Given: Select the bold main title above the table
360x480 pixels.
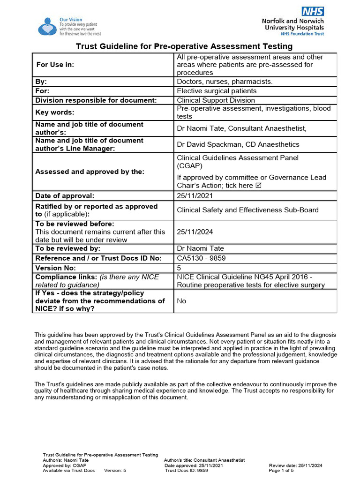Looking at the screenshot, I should tap(184, 46).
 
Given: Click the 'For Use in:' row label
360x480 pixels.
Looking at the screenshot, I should tap(55, 65).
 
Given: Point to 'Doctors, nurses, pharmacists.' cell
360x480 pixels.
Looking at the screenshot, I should tap(225, 82).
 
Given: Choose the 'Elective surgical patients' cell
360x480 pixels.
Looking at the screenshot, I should tap(216, 91).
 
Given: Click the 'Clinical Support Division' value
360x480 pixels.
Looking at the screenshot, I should tap(216, 100).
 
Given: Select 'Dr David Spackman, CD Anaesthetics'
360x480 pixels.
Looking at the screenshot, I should tap(238, 144).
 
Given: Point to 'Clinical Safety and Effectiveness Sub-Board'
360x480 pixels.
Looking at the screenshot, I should tap(247, 210).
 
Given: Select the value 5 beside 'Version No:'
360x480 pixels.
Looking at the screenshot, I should tap(179, 268).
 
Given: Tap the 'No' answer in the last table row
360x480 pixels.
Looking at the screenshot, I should tap(181, 301).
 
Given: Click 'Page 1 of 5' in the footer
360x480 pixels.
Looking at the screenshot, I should tap(281, 470).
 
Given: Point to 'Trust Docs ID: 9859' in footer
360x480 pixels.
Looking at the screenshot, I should tap(187, 470).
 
